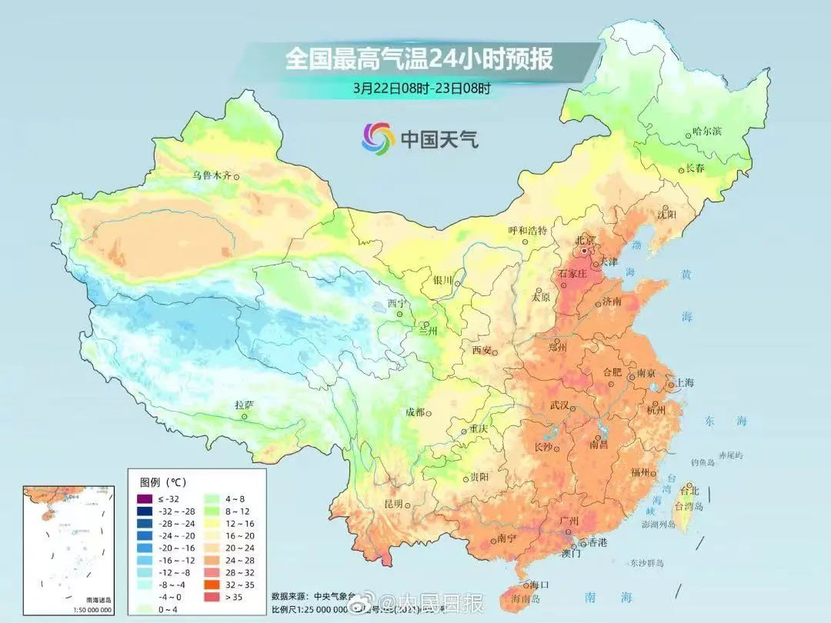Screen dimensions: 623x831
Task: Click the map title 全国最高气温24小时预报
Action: [419, 58]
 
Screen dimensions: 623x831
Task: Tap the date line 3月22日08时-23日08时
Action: [422, 88]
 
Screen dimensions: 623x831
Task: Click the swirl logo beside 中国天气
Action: [378, 138]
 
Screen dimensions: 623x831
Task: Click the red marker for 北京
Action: [585, 251]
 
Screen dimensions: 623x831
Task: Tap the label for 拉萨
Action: [245, 405]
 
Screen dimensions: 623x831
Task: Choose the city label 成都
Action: [415, 412]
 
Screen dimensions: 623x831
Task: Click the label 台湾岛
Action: [689, 507]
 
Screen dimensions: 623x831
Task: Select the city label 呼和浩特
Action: [528, 230]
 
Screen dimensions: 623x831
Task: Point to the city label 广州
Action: [569, 521]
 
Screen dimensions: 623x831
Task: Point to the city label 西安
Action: [481, 350]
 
